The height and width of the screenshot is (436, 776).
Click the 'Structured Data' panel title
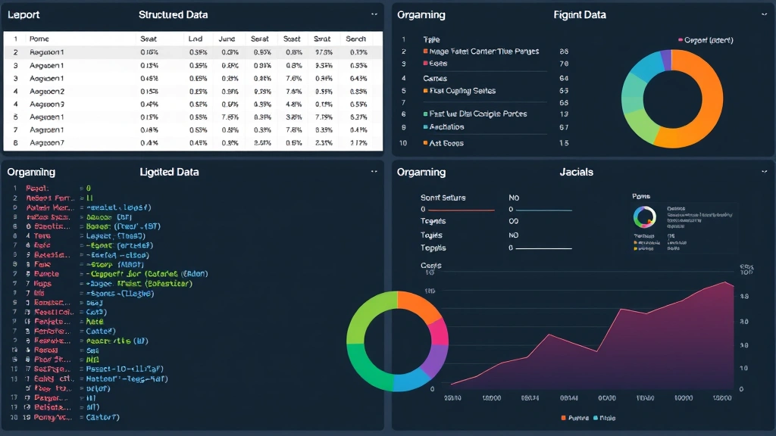click(x=173, y=14)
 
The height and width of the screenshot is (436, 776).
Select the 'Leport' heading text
click(x=23, y=14)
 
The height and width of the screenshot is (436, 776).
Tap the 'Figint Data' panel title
click(x=580, y=14)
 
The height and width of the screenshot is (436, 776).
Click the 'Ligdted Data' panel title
click(x=169, y=172)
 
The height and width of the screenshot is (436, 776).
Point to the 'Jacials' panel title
click(x=576, y=172)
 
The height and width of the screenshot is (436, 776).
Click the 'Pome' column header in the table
click(x=39, y=39)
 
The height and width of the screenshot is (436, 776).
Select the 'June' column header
click(x=227, y=39)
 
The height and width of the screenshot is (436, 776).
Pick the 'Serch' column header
click(x=355, y=39)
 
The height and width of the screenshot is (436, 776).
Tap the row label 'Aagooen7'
click(x=47, y=142)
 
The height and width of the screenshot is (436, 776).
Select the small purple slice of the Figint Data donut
click(x=666, y=59)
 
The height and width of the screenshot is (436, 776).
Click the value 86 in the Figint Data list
click(x=563, y=51)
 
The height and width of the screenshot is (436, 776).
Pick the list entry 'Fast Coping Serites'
click(x=462, y=91)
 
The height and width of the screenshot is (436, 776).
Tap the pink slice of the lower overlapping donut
click(x=438, y=332)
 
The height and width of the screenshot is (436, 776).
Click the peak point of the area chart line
click(x=726, y=282)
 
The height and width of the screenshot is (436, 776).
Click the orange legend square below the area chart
click(x=563, y=418)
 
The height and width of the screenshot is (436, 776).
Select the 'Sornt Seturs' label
click(x=443, y=198)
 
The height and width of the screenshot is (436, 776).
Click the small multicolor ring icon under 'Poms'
click(x=643, y=217)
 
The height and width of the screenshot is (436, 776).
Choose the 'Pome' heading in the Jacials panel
click(x=640, y=196)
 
